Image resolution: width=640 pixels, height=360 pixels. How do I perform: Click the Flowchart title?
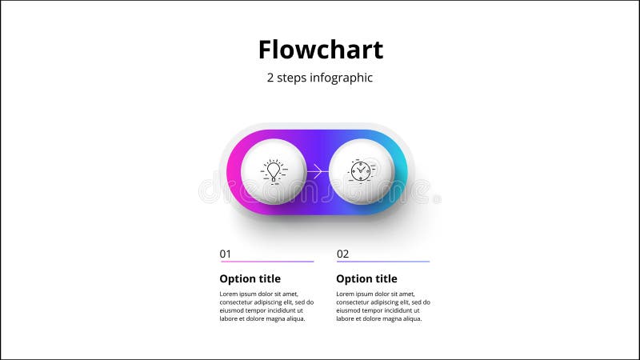tap(320, 50)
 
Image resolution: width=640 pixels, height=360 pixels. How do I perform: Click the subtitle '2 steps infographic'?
tap(320, 78)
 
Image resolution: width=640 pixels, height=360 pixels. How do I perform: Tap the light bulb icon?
tap(274, 171)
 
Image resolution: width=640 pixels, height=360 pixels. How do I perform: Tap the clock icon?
tap(360, 171)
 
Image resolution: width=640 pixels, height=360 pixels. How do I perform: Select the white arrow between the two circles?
tap(317, 171)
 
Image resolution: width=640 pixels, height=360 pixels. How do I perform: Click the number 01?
tap(226, 254)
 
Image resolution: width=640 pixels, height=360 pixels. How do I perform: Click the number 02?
tap(342, 254)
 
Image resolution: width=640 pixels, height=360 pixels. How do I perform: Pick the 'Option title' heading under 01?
tap(250, 279)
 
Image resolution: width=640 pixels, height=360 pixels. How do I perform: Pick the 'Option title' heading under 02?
tap(366, 279)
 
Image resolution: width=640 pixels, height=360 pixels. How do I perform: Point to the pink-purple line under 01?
tap(266, 262)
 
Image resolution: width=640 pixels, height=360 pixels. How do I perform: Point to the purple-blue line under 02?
tap(383, 262)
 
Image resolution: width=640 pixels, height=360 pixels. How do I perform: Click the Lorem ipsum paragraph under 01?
tap(266, 306)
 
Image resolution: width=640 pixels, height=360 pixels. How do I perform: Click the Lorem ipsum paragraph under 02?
tap(383, 306)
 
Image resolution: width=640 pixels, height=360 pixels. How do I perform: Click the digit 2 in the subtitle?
tap(270, 78)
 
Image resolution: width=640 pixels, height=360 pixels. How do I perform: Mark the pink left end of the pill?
tap(233, 171)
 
